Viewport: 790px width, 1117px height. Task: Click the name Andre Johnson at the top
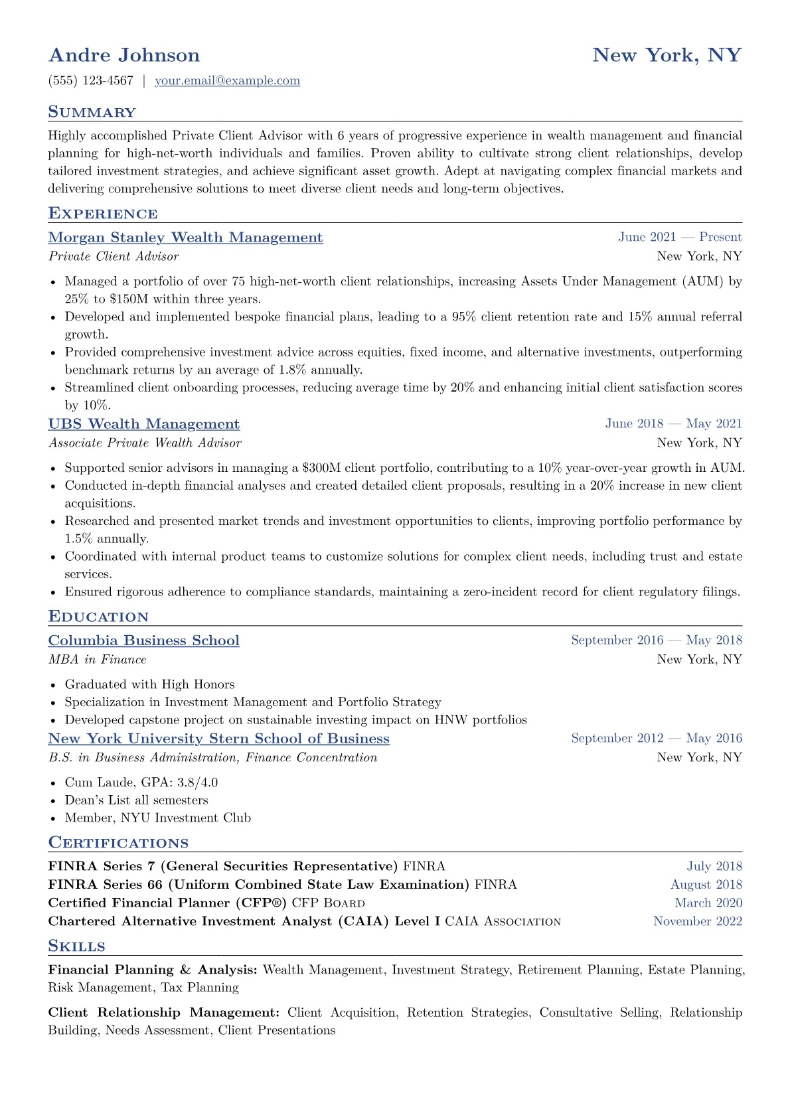pos(124,55)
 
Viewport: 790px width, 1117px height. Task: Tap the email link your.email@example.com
pos(227,81)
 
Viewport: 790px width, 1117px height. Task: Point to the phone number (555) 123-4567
pos(91,81)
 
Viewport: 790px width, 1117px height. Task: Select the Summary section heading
pos(92,112)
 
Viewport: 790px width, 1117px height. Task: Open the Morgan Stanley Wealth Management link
pos(185,238)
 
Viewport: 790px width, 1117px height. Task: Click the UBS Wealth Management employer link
pos(144,424)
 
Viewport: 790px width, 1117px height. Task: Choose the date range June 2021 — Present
pos(680,238)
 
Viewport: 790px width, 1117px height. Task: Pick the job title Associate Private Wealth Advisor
pos(145,443)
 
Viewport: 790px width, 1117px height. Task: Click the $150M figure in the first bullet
pos(129,299)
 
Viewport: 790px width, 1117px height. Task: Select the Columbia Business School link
pos(144,640)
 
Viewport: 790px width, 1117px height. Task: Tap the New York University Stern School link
pos(218,739)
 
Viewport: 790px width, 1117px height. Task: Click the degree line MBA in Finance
pos(98,660)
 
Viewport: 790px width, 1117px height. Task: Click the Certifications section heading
pos(118,843)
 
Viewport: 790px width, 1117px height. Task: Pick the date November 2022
pos(698,921)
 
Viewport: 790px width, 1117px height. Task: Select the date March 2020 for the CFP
pos(708,903)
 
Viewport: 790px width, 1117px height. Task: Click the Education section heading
pos(98,617)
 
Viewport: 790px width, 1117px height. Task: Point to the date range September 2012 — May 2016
pos(657,739)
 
